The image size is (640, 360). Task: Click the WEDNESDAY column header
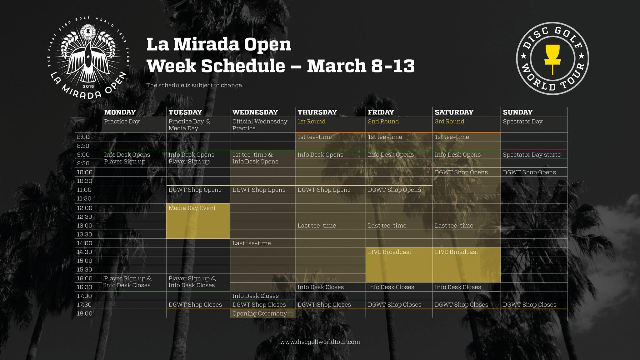[255, 112]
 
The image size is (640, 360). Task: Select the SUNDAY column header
[517, 112]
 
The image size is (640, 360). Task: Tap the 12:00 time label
[85, 208]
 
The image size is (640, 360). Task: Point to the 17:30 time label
[84, 305]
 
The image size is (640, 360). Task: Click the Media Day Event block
[198, 221]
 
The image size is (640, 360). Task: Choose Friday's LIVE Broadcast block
[399, 265]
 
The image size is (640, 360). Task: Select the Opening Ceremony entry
[259, 313]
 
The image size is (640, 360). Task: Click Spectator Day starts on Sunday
[532, 155]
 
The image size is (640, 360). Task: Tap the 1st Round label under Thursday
[311, 122]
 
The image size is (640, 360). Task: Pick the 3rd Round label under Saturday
[449, 122]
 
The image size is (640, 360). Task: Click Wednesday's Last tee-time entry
[252, 243]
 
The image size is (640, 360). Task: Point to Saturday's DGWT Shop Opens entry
[461, 172]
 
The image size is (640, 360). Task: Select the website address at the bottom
[320, 342]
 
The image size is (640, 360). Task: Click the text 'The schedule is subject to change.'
[195, 85]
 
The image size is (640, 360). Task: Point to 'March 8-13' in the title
[361, 66]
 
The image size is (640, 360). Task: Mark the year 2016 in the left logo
[88, 86]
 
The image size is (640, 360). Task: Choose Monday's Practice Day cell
[122, 122]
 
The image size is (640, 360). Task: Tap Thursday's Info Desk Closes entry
[320, 287]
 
